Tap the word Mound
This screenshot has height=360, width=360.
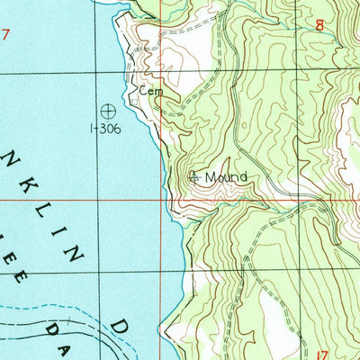225,177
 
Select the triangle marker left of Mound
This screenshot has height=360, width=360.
194,177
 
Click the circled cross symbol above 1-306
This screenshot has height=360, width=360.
108,112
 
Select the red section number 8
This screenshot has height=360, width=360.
319,26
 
